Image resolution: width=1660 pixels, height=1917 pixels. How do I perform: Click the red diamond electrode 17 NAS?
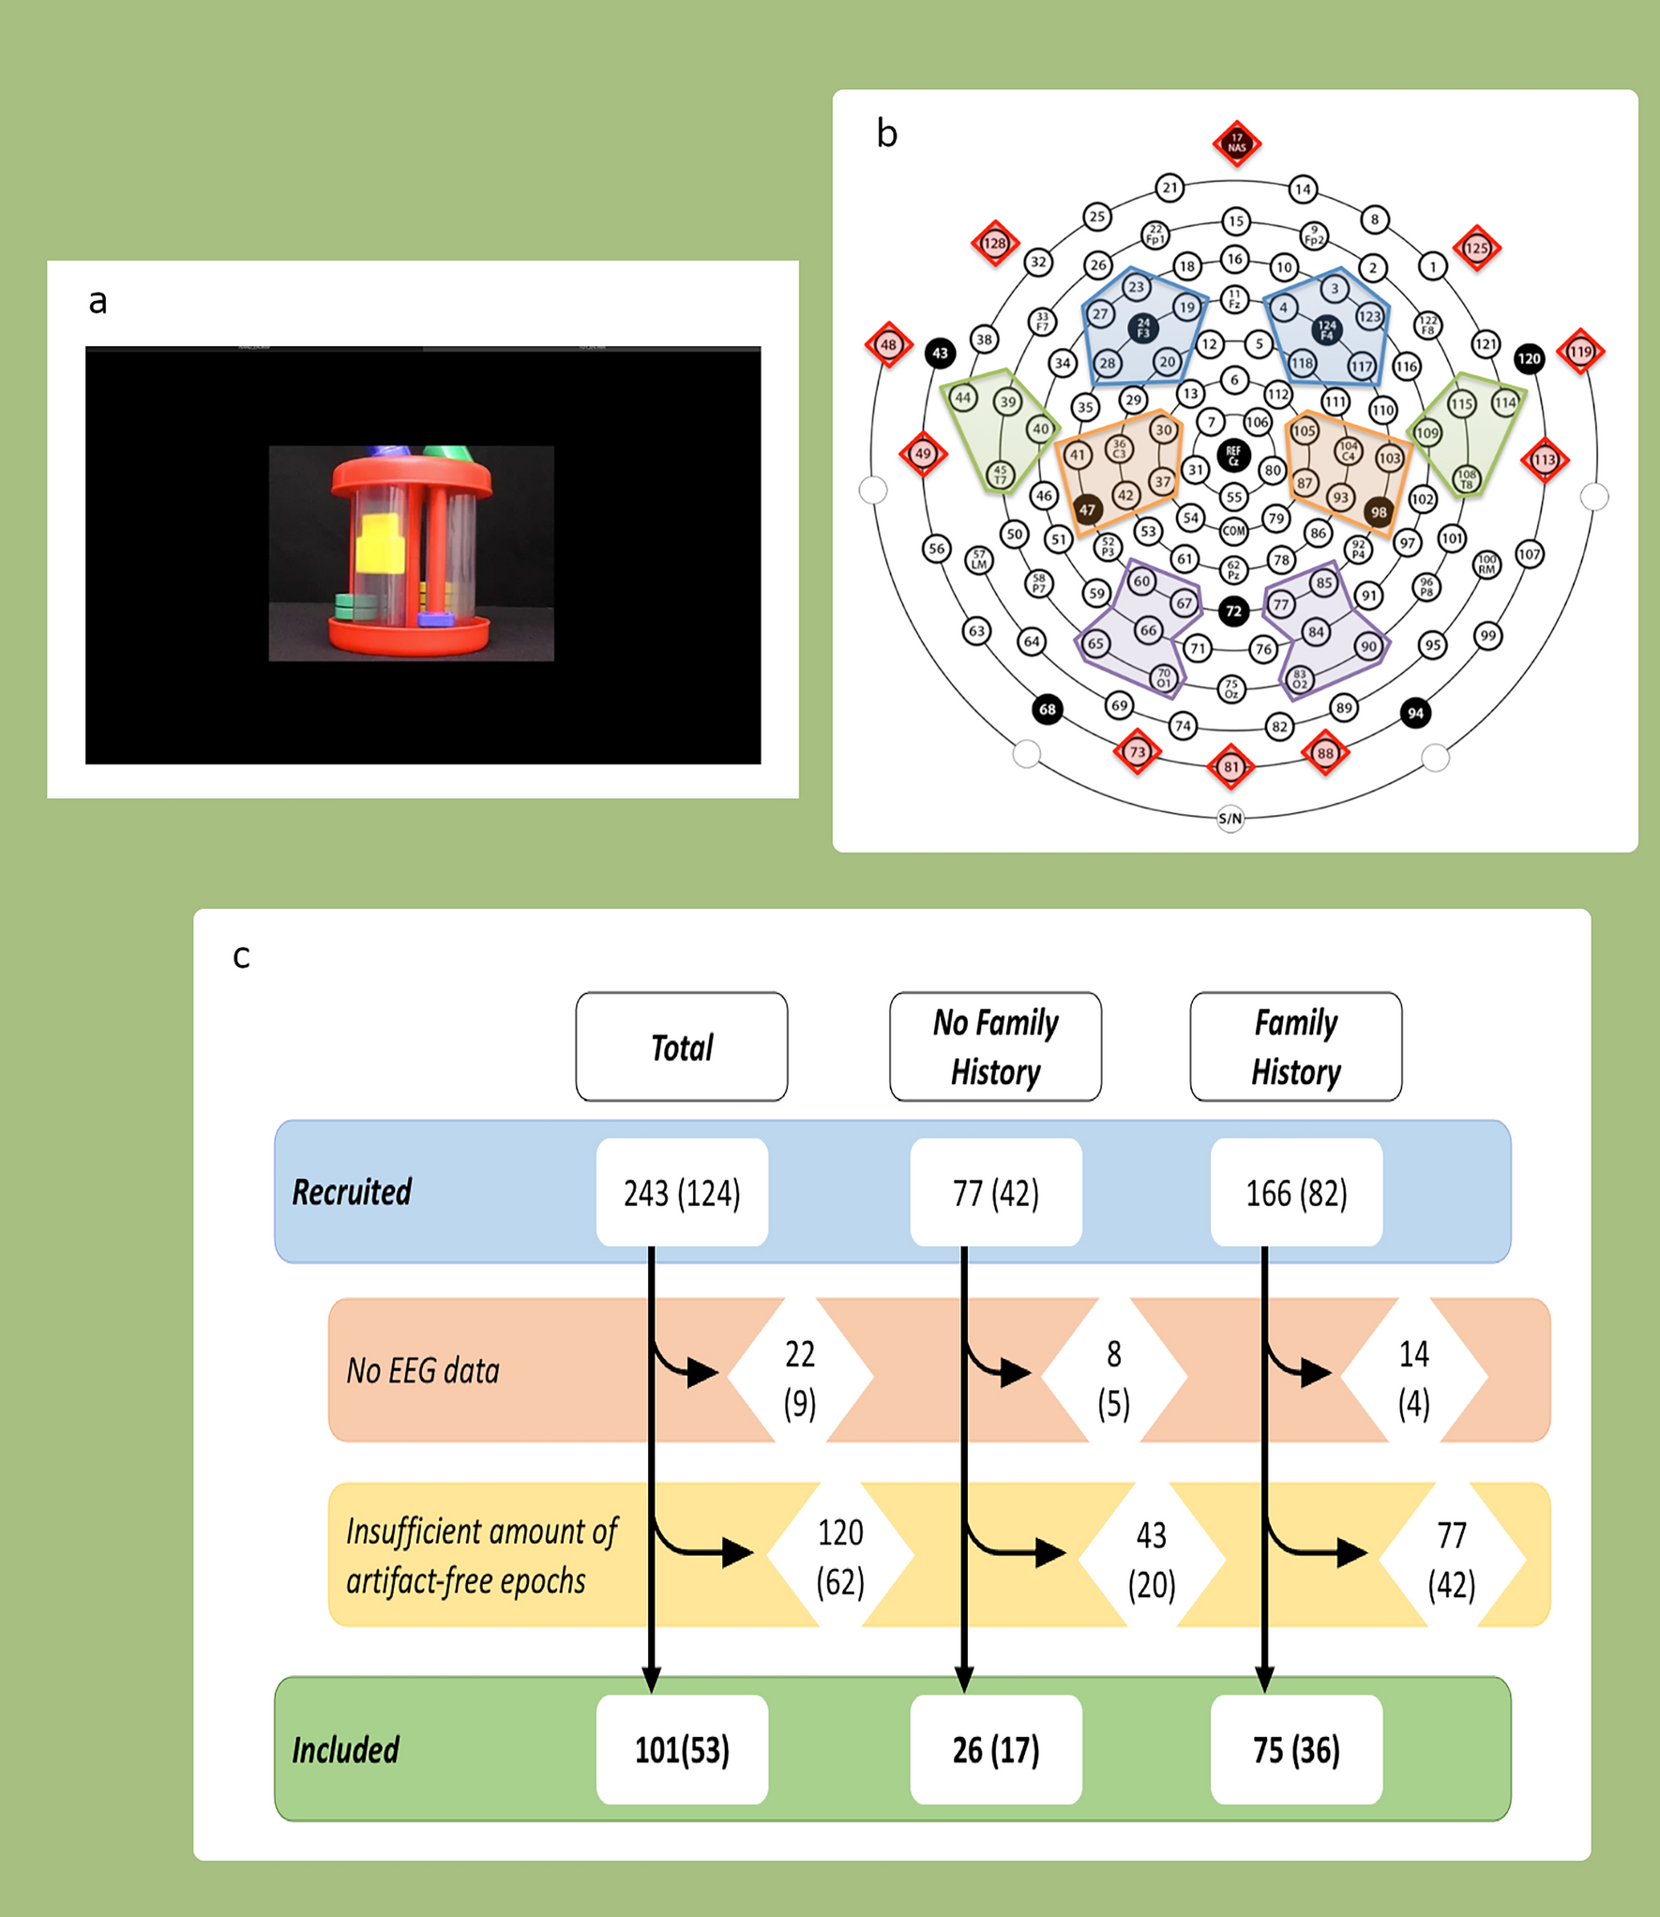(1236, 143)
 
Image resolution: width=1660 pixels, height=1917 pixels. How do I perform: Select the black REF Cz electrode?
(1233, 455)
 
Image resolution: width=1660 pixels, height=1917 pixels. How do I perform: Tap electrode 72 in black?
(1233, 611)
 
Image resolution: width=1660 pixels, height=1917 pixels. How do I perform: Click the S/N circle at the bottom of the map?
(1230, 818)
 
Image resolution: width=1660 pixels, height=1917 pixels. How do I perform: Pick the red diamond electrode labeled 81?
(1230, 766)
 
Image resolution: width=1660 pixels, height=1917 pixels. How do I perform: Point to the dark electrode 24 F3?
(1142, 327)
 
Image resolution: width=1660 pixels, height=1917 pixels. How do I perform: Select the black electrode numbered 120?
(1529, 357)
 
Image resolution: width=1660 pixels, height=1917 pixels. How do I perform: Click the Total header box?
(682, 1047)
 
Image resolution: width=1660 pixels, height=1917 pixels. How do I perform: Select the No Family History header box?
(995, 1047)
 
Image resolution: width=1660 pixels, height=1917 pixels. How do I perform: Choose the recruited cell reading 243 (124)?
(682, 1193)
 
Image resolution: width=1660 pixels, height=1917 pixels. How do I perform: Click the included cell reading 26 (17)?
(995, 1750)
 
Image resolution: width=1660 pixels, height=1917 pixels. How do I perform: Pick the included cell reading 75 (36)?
(1296, 1750)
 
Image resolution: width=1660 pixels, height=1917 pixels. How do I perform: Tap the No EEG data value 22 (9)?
(800, 1378)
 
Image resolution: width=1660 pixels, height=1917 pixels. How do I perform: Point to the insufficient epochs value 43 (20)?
(1151, 1560)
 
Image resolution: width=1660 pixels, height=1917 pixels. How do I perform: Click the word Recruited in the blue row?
(352, 1192)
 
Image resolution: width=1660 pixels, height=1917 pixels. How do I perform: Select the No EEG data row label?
(423, 1371)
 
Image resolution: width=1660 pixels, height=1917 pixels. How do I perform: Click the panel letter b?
(886, 134)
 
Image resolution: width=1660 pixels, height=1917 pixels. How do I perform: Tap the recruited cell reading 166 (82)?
(1296, 1193)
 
